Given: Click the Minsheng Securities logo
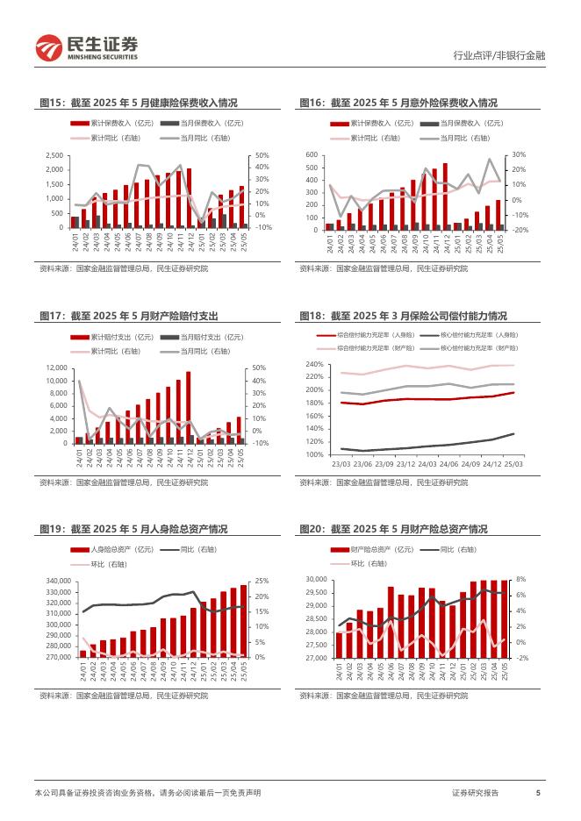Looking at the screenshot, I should [x=86, y=48].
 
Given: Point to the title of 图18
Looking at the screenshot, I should [x=403, y=316].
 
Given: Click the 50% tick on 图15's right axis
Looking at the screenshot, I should [x=262, y=155].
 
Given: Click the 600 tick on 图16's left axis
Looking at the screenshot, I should [x=311, y=155].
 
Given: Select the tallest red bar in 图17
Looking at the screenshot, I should [x=188, y=407].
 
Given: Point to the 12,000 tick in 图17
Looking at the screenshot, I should [x=54, y=368].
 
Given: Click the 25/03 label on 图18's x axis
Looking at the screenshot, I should [x=513, y=463].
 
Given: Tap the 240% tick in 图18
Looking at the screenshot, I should [x=314, y=364].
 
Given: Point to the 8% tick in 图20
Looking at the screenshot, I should [x=520, y=580].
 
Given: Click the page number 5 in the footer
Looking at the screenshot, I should [x=537, y=793].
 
